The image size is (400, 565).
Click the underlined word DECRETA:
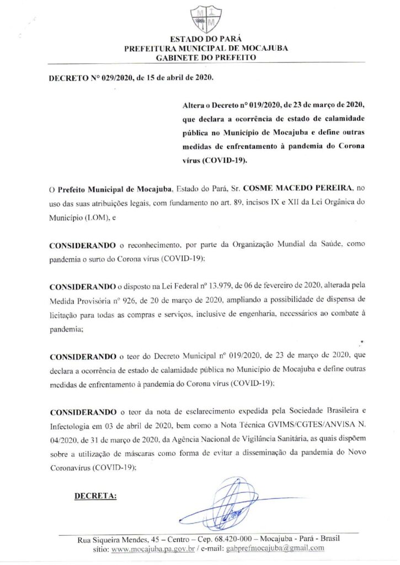(x=95, y=495)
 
